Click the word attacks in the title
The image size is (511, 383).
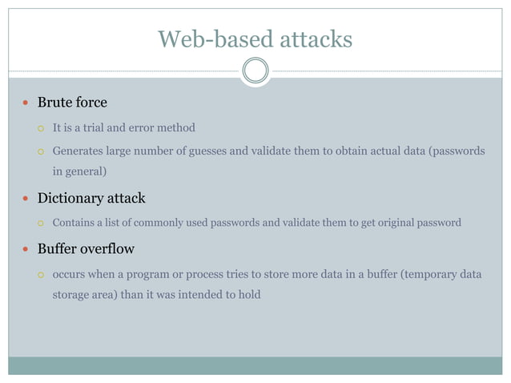312,38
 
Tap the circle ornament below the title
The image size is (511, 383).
255,71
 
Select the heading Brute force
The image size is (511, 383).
72,103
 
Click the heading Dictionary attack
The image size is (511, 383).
91,198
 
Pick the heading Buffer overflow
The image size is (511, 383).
86,248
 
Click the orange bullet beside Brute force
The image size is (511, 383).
26,103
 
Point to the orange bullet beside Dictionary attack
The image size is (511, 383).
26,199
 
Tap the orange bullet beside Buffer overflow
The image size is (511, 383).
26,249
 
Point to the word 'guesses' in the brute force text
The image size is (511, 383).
207,150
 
